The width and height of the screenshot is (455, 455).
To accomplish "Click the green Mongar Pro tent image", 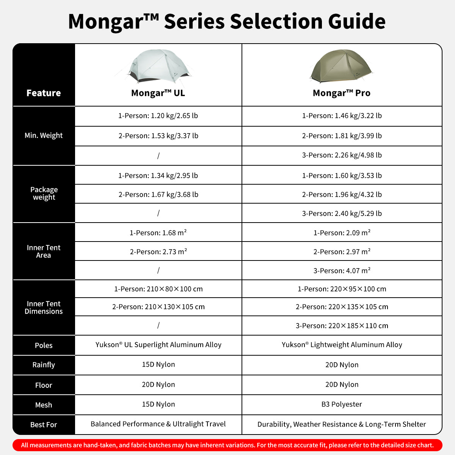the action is click(x=341, y=66).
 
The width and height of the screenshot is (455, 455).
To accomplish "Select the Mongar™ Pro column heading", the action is click(x=341, y=93).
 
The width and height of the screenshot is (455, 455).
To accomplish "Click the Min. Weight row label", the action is click(x=44, y=135).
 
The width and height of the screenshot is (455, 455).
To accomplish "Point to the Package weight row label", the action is click(x=44, y=193).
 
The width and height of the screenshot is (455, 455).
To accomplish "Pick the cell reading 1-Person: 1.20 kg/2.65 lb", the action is click(x=158, y=116).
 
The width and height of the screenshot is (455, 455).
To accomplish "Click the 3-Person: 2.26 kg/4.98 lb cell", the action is click(x=342, y=155).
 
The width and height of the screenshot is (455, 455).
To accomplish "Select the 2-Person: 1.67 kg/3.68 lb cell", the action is click(x=158, y=195).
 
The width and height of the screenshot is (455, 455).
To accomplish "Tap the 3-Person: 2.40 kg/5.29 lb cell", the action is click(x=342, y=213).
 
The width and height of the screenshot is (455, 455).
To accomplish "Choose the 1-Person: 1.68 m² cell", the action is click(x=158, y=233).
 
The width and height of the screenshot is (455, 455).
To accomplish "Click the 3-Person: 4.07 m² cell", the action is click(x=342, y=271).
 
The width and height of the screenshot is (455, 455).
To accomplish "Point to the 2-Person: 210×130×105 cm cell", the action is click(x=158, y=307).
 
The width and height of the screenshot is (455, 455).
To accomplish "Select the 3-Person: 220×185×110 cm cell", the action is click(x=342, y=326).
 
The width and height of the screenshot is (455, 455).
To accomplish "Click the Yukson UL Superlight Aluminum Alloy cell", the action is click(x=158, y=345).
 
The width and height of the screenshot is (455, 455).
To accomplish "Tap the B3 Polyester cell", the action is click(x=341, y=404).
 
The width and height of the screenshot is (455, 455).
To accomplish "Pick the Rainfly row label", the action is click(x=44, y=365).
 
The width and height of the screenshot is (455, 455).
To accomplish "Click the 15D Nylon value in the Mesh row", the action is click(x=158, y=404).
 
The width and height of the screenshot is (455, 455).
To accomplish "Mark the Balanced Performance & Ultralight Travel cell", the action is click(x=158, y=424).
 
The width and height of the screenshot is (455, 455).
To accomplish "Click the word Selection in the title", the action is click(x=276, y=22).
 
